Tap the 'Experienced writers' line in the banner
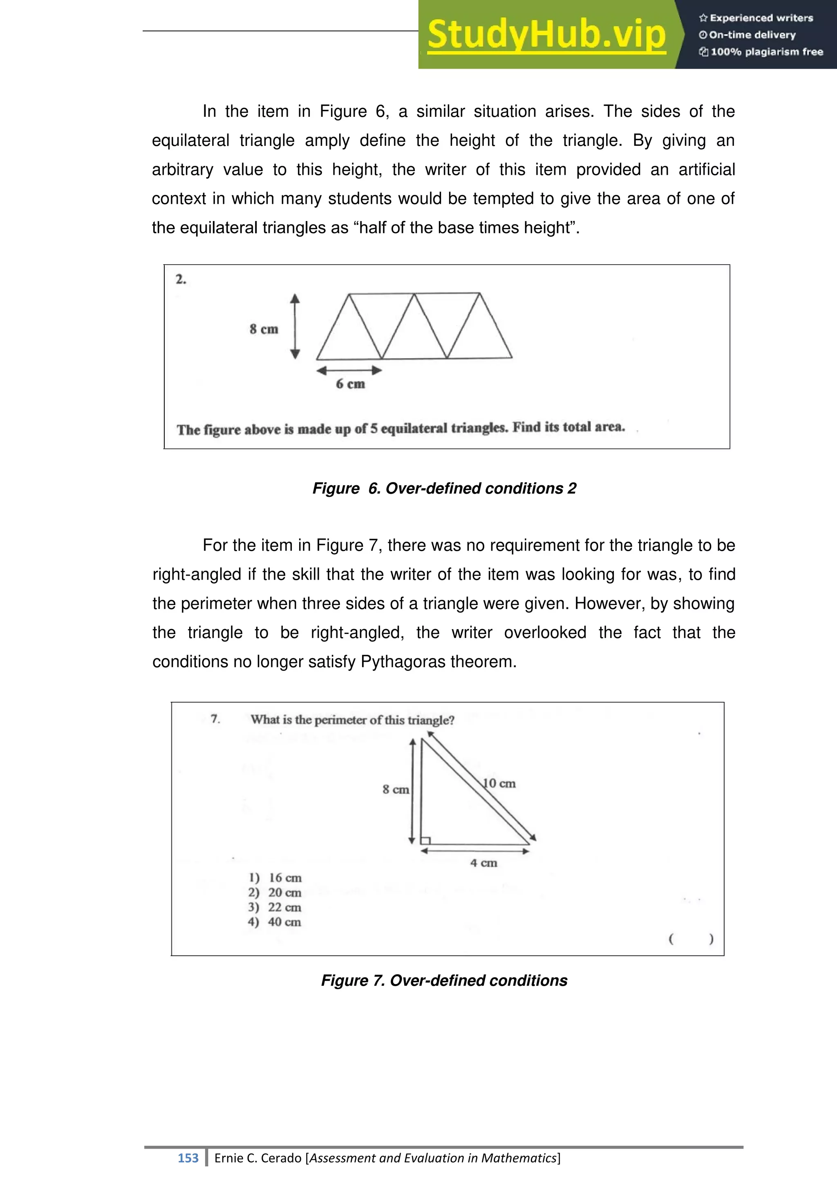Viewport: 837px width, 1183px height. (x=756, y=18)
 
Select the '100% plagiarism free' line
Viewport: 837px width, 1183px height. (x=761, y=51)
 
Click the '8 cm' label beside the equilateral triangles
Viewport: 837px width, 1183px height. (x=264, y=329)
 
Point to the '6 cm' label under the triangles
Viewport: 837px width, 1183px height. (x=351, y=384)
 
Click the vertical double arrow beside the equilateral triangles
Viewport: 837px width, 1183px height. (x=295, y=326)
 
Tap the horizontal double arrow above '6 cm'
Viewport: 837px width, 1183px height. (x=349, y=370)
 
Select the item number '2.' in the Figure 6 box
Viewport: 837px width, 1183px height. (x=181, y=279)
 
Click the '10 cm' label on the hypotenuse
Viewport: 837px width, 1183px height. (x=499, y=783)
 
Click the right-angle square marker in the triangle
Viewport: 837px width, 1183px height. (x=425, y=840)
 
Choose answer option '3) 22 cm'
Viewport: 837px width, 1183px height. (x=275, y=907)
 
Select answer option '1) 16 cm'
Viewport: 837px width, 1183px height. (x=275, y=877)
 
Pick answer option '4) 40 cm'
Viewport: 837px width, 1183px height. (x=275, y=922)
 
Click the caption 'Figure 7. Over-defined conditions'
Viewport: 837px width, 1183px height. (x=444, y=980)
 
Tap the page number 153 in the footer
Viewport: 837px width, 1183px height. (x=188, y=1158)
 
